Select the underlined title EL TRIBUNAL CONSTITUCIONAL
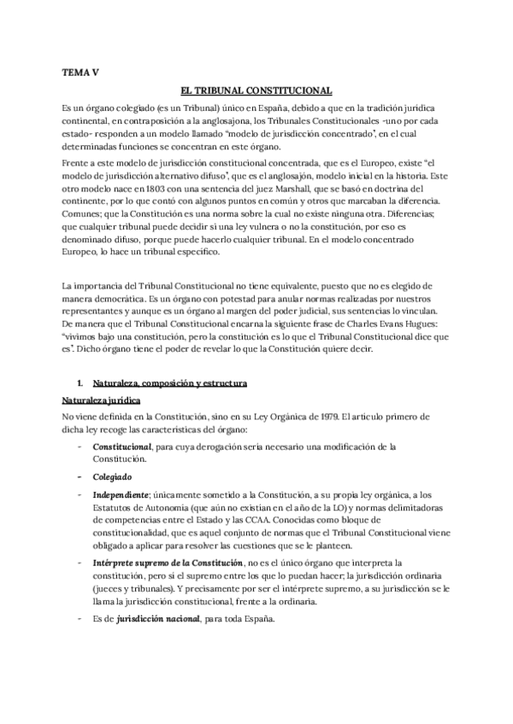click(x=256, y=90)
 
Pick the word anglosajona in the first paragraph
click(x=215, y=122)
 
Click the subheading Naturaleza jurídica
click(x=101, y=400)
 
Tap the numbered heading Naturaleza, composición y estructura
click(x=168, y=384)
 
